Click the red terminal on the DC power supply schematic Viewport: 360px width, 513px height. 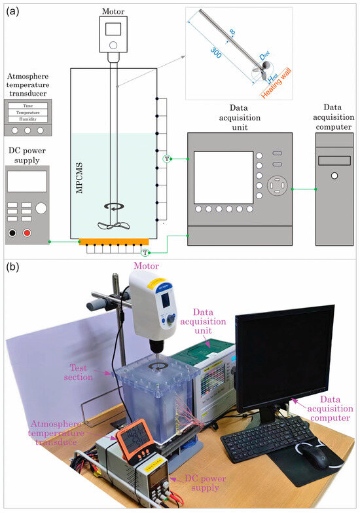pyautogui.click(x=27, y=233)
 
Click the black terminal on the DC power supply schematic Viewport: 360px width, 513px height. pyautogui.click(x=12, y=233)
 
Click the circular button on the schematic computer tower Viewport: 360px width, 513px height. pyautogui.click(x=334, y=176)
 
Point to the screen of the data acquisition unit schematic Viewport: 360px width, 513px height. pyautogui.click(x=223, y=177)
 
